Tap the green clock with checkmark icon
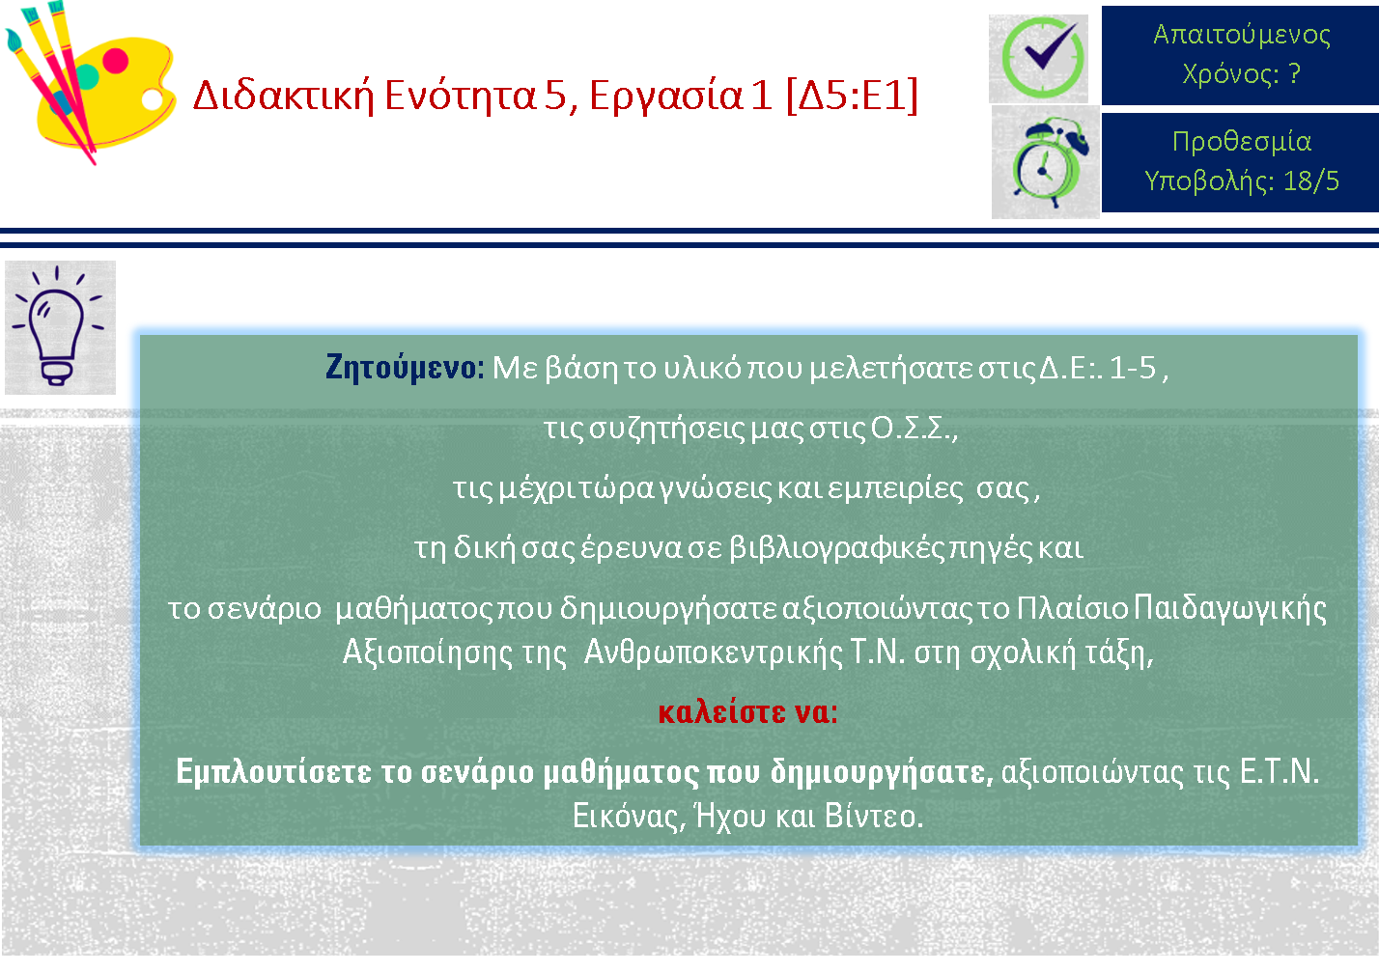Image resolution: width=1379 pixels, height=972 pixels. pos(1040,58)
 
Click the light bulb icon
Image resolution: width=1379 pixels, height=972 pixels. pos(59,326)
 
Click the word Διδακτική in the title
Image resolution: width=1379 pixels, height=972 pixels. pos(284,97)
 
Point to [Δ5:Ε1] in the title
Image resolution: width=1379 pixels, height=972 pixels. pos(853,97)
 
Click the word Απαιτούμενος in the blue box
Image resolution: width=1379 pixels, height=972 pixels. pos(1241,35)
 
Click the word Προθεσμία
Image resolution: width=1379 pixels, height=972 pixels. pos(1241,142)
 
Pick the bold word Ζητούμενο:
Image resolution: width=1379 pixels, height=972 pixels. pos(405,368)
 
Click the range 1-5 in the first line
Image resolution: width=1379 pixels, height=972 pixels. pos(1132,368)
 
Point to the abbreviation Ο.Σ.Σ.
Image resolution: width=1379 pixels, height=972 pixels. pos(913,429)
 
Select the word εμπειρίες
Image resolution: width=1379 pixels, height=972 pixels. pos(896,489)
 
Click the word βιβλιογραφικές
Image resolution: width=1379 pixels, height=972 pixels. pos(836,548)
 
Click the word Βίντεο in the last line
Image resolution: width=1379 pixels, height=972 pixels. pos(874,817)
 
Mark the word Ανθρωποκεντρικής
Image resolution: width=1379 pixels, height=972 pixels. pos(713,653)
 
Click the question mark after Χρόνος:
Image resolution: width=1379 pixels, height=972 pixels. pos(1294,73)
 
